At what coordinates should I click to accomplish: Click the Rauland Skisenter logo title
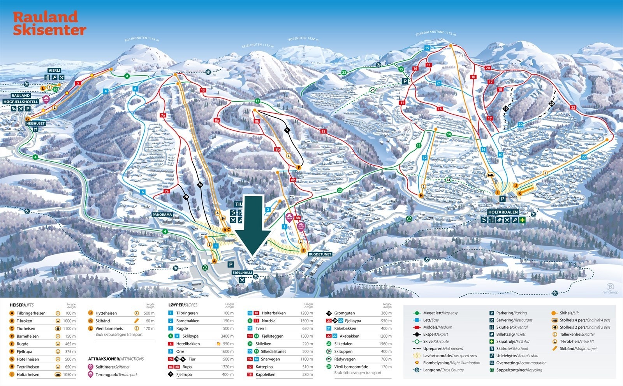tap(49, 23)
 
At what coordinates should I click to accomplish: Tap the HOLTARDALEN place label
tap(503, 212)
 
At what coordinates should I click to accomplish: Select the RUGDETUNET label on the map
tap(320, 254)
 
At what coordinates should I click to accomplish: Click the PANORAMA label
tap(162, 215)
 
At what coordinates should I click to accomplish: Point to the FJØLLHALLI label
tap(243, 273)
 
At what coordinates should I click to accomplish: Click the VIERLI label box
tap(55, 70)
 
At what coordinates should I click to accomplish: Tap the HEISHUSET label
tap(35, 123)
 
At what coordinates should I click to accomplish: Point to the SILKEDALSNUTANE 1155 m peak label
tap(435, 34)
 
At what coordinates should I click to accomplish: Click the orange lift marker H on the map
tap(421, 196)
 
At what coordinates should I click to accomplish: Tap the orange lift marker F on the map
tap(299, 167)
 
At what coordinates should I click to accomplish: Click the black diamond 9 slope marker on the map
tap(288, 130)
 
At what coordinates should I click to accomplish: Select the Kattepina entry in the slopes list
tap(264, 367)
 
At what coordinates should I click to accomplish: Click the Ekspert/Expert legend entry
tap(435, 334)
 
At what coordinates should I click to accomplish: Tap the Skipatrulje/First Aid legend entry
tap(512, 341)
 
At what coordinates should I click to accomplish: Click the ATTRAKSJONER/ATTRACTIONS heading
tap(116, 359)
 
